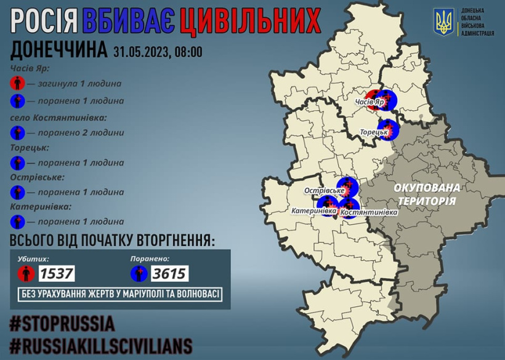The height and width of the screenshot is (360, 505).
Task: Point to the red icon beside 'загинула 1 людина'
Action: pyautogui.click(x=18, y=83)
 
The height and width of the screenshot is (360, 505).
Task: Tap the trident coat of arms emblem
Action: pyautogui.click(x=443, y=22)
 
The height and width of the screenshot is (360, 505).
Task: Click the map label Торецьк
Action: pyautogui.click(x=373, y=132)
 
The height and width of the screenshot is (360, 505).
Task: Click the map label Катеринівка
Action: pyautogui.click(x=314, y=211)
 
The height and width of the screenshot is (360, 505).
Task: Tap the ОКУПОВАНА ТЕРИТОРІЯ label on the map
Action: pyautogui.click(x=427, y=194)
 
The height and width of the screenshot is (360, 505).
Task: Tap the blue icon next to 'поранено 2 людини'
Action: pyautogui.click(x=18, y=132)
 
